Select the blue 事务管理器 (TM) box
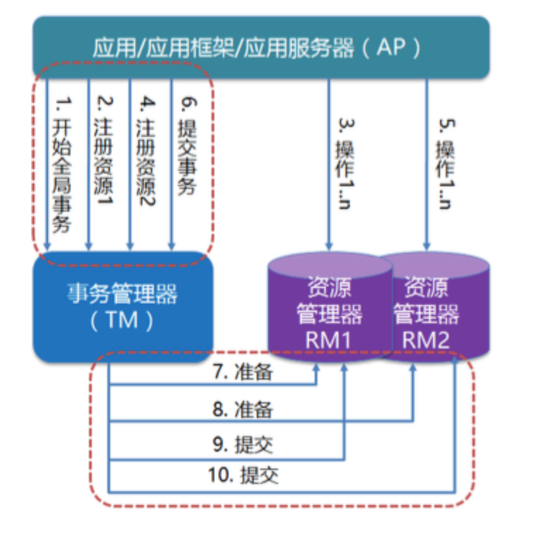[123, 306]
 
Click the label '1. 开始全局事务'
[62, 166]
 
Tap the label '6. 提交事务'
[188, 145]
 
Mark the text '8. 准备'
[243, 409]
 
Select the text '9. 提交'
[243, 445]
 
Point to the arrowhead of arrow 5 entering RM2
[426, 245]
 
